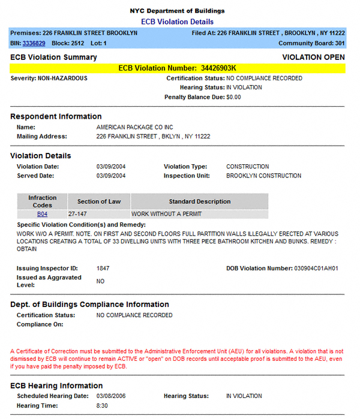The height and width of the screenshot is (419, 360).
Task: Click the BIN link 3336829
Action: [34, 44]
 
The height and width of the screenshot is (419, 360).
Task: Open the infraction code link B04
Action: [42, 214]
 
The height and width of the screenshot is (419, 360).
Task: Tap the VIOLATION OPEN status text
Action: [313, 58]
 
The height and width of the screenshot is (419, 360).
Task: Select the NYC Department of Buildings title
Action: [177, 11]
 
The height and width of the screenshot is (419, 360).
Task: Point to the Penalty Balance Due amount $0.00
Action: [233, 97]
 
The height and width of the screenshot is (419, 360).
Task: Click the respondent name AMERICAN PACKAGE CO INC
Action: [134, 128]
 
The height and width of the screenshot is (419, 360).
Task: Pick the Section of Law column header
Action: [98, 201]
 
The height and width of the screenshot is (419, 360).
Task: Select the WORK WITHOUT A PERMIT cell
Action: [166, 214]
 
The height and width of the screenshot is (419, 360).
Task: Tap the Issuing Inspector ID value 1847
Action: [103, 269]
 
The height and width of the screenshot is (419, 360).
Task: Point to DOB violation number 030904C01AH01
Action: [316, 269]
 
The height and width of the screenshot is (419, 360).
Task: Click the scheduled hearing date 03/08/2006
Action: [110, 396]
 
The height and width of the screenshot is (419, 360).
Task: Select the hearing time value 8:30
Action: [102, 406]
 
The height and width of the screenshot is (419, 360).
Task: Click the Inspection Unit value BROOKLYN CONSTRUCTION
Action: [263, 176]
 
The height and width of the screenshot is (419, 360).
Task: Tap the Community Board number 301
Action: [340, 44]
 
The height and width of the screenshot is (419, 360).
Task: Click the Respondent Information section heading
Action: [56, 116]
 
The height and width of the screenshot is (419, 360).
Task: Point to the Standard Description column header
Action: [199, 201]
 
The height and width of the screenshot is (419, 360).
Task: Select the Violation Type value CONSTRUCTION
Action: [247, 167]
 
